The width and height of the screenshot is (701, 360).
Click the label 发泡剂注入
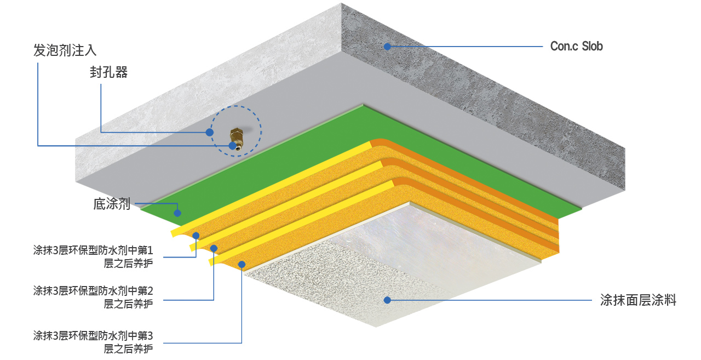pyautogui.click(x=65, y=50)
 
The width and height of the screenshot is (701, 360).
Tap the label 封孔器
pyautogui.click(x=108, y=72)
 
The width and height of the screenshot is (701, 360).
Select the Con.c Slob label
pyautogui.click(x=577, y=47)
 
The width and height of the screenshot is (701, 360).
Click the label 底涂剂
pyautogui.click(x=112, y=204)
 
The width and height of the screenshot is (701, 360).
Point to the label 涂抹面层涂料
pyautogui.click(x=638, y=300)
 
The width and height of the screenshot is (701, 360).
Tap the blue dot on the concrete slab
pyautogui.click(x=387, y=47)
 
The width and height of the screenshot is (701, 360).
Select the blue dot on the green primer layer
pyautogui.click(x=177, y=213)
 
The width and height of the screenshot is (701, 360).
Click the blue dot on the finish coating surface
pyautogui.click(x=387, y=300)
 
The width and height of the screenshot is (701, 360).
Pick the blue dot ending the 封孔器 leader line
pyautogui.click(x=210, y=133)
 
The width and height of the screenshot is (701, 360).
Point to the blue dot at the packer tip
pyautogui.click(x=232, y=146)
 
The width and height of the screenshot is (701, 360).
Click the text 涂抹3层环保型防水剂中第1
pyautogui.click(x=93, y=250)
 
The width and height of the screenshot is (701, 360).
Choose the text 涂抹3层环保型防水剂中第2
pyautogui.click(x=93, y=291)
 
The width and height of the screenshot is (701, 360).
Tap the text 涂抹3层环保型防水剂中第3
pyautogui.click(x=93, y=335)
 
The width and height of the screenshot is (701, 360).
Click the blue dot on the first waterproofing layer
pyautogui.click(x=196, y=236)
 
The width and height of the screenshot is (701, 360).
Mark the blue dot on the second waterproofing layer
pyautogui.click(x=214, y=249)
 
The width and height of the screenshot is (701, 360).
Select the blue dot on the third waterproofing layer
pyautogui.click(x=242, y=265)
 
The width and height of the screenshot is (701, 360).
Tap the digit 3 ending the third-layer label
pyautogui.click(x=150, y=336)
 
